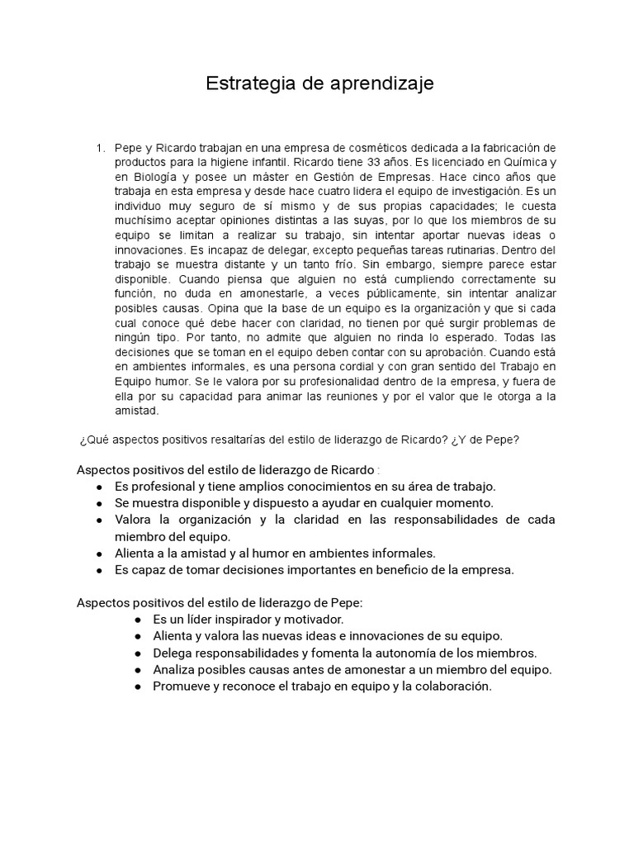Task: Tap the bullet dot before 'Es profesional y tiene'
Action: pos(99,487)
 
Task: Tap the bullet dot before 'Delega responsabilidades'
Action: pos(137,653)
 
